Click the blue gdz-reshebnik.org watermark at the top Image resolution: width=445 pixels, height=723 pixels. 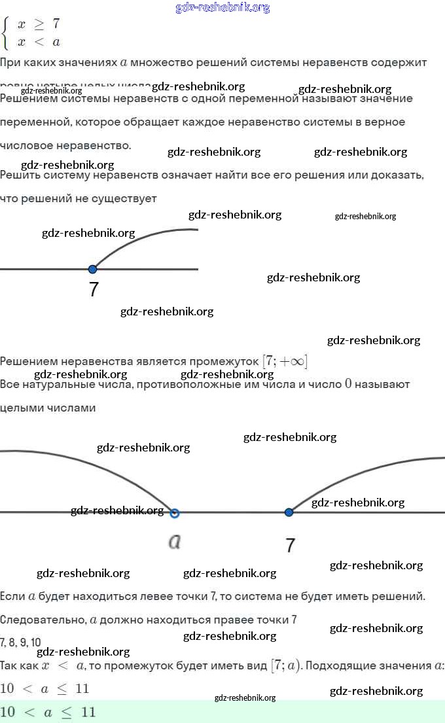pos(222,8)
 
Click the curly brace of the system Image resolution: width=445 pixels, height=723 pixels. pos(7,33)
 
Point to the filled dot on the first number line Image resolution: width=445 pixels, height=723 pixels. pos(92,269)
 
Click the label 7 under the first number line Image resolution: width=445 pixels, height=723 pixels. pos(94,290)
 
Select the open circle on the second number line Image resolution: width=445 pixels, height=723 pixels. pos(174,513)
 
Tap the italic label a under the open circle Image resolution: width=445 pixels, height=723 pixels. pos(174,542)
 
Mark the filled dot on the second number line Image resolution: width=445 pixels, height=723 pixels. pos(289,512)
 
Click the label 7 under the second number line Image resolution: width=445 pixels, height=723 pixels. pos(291,545)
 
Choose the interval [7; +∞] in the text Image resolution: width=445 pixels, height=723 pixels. pos(285,361)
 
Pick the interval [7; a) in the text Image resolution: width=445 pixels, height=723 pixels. pos(285,666)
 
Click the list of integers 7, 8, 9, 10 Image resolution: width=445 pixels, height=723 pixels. pos(20,643)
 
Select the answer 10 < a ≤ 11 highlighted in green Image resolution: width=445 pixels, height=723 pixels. pos(48,713)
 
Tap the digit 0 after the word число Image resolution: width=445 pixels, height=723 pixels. pos(348,384)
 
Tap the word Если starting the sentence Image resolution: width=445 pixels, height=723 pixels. pos(12,597)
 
